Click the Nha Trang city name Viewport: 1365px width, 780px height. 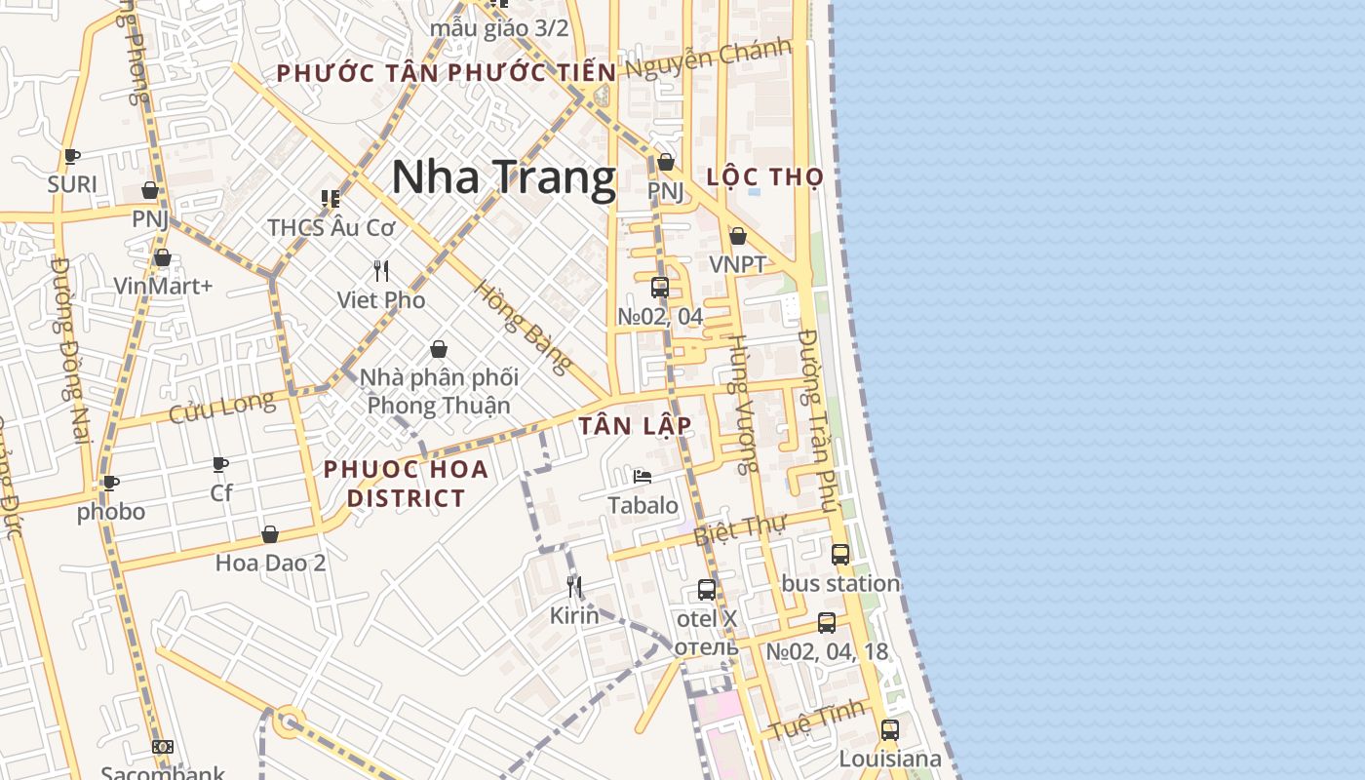[x=503, y=177]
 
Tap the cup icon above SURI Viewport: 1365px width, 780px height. [x=72, y=156]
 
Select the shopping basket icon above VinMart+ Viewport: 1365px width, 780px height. [x=163, y=257]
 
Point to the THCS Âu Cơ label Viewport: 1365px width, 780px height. [x=331, y=227]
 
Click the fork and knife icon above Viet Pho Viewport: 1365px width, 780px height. [x=381, y=271]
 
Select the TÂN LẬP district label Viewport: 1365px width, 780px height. [x=635, y=425]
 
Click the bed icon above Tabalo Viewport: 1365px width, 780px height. [x=643, y=476]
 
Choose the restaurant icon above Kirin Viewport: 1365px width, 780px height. [x=574, y=586]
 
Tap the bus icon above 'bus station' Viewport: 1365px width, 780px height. [x=840, y=554]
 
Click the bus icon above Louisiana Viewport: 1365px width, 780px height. [x=890, y=729]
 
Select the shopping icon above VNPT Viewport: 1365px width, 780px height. [x=738, y=236]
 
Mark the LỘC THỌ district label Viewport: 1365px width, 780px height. [x=764, y=177]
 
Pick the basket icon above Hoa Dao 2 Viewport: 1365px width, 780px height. [x=270, y=534]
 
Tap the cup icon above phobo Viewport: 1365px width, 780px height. [x=111, y=483]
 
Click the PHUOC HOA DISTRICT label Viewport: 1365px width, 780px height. [x=406, y=484]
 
